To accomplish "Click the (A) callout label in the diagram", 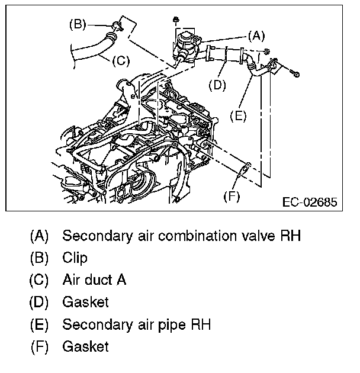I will (x=256, y=36).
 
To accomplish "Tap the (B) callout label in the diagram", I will (x=78, y=24).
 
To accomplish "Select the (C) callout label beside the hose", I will (x=120, y=60).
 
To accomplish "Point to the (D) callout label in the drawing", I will (x=217, y=85).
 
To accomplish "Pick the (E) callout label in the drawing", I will (x=237, y=115).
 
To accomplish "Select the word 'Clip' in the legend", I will (x=75, y=258).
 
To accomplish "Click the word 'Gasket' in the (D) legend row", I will (x=85, y=302).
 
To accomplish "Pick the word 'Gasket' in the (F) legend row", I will (x=85, y=346).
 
